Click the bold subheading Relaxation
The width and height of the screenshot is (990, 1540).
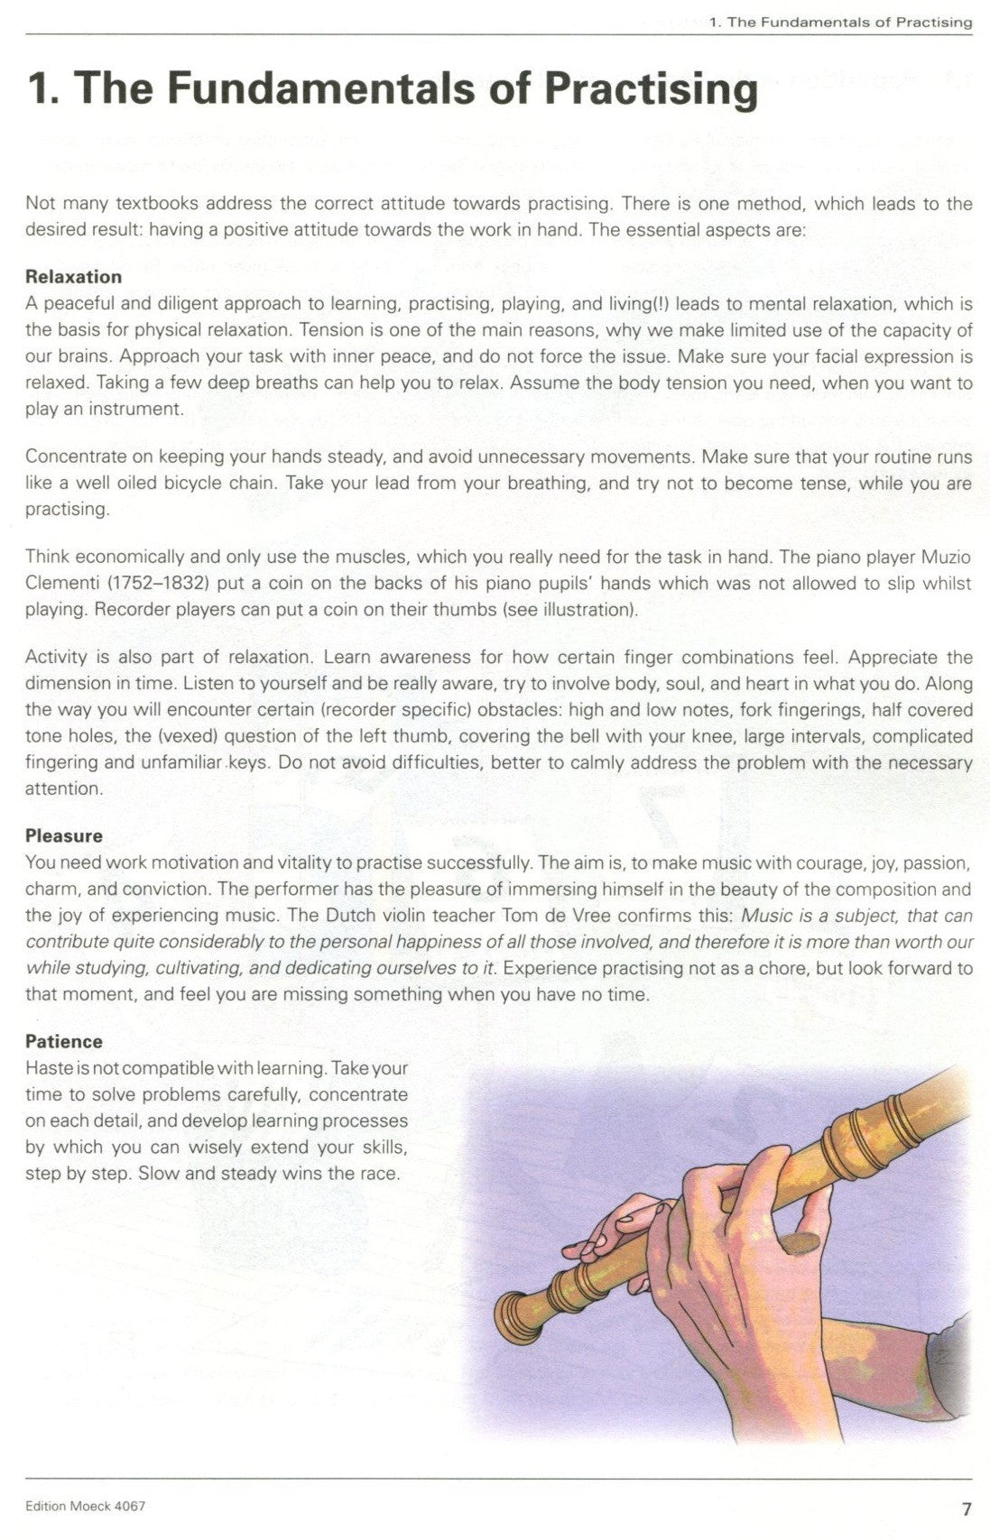pyautogui.click(x=73, y=276)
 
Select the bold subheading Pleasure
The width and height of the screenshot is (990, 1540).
pyautogui.click(x=64, y=835)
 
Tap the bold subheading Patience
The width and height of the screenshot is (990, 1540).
pyautogui.click(x=64, y=1041)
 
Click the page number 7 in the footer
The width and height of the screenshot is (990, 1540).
pyautogui.click(x=967, y=1508)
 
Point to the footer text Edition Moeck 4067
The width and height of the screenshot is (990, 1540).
pyautogui.click(x=86, y=1507)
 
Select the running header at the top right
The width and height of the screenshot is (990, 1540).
pyautogui.click(x=841, y=22)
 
